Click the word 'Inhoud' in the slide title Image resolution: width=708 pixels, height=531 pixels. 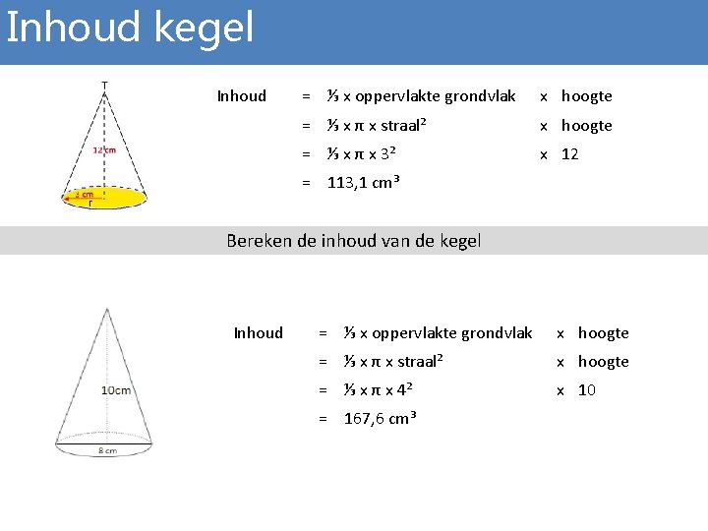72,27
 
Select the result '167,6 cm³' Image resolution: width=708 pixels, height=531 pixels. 381,419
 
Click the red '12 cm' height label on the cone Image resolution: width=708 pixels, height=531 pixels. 104,150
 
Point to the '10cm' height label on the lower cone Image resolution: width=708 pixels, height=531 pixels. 115,390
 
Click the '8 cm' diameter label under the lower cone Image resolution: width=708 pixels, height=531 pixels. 106,451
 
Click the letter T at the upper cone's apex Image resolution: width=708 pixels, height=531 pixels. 105,85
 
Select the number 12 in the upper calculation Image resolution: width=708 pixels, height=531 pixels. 570,154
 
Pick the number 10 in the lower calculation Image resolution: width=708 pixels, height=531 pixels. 587,390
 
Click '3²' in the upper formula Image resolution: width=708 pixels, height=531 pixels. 386,154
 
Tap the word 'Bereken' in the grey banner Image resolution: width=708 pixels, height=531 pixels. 259,241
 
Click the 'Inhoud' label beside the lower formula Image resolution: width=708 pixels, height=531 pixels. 258,333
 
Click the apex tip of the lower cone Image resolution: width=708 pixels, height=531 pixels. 106,309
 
